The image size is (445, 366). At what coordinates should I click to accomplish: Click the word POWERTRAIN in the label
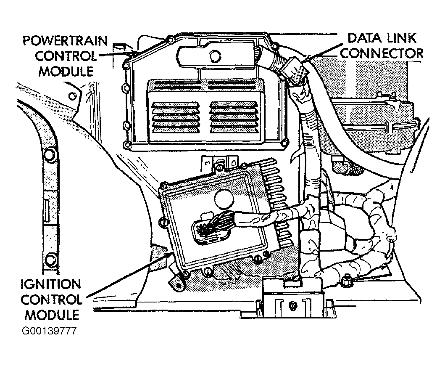pyautogui.click(x=66, y=41)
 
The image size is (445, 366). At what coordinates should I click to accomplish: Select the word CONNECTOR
pyautogui.click(x=382, y=53)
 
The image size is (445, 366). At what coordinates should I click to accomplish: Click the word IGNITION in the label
pyautogui.click(x=51, y=284)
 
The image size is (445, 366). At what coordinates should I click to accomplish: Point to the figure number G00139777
pyautogui.click(x=49, y=332)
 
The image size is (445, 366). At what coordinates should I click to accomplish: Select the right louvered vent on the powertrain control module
pyautogui.click(x=234, y=117)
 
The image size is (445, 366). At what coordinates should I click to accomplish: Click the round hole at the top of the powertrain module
pyautogui.click(x=215, y=56)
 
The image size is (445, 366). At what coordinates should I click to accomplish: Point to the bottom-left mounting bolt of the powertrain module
pyautogui.click(x=127, y=146)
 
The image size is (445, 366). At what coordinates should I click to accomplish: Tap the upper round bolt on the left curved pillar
pyautogui.click(x=50, y=154)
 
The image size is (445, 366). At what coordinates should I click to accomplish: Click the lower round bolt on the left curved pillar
pyautogui.click(x=50, y=260)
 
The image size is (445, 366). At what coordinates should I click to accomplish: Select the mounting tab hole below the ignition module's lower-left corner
pyautogui.click(x=178, y=285)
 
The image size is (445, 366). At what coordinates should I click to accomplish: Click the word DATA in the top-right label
pyautogui.click(x=361, y=38)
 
